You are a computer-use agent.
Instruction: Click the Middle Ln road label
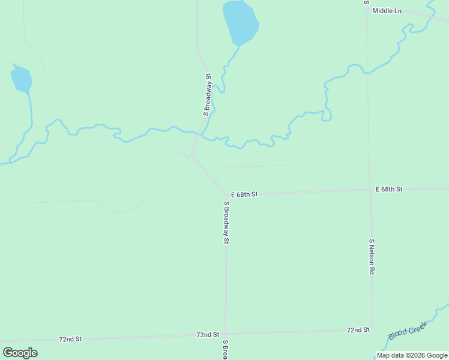coord(387,11)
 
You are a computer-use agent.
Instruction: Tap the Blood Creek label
coord(407,331)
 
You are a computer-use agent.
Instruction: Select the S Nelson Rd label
coord(372,257)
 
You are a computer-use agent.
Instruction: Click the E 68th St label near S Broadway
coord(244,195)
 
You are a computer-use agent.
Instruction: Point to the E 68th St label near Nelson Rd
coord(389,190)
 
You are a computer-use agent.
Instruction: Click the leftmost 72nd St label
coord(70,339)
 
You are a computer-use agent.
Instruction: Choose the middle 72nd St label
coord(208,335)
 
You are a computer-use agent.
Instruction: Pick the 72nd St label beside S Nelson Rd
coord(358,330)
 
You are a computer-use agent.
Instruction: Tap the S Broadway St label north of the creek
coord(208,95)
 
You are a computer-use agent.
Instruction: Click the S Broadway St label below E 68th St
coord(227,222)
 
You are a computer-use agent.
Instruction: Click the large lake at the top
coord(240,22)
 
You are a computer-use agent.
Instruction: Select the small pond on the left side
coord(21,79)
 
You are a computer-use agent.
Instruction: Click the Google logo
coord(20,353)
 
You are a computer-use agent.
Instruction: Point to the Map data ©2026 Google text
coord(412,355)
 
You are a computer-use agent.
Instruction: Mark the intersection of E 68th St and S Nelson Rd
coord(370,190)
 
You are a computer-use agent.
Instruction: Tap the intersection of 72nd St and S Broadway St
coord(225,334)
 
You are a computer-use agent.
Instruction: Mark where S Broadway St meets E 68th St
coord(228,196)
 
